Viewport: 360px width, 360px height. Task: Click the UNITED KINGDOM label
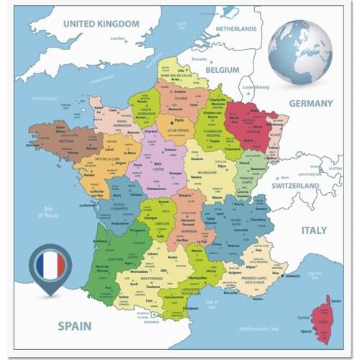click(101, 24)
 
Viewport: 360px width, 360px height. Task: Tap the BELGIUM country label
click(222, 71)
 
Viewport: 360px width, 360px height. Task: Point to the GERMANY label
click(311, 103)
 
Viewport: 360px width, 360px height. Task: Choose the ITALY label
click(314, 230)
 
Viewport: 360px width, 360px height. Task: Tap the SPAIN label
click(74, 326)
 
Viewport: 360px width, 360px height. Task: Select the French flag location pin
click(50, 267)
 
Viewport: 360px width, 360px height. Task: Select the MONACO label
click(292, 276)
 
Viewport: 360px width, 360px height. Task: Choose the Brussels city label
click(199, 59)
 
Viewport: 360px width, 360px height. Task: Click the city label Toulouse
click(152, 287)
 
